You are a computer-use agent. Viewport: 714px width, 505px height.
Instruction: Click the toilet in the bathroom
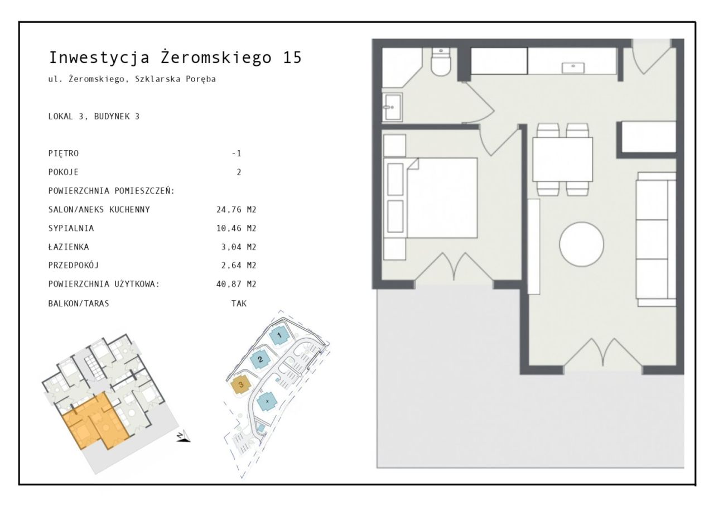point(441,62)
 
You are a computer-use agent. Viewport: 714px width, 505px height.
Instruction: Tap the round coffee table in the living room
point(581,244)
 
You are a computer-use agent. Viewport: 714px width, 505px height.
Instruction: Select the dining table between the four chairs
point(563,160)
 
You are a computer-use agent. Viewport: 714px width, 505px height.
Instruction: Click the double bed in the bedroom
point(430,198)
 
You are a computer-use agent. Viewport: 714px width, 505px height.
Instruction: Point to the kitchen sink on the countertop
point(573,68)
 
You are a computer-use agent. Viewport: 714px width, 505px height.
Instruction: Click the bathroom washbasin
point(392,107)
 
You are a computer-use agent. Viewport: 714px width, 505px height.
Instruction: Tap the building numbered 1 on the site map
point(279,335)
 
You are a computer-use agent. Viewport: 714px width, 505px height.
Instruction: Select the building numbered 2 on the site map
point(260,359)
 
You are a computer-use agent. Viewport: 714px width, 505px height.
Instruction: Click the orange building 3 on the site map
point(240,385)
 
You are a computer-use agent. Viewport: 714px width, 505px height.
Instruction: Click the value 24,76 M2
point(236,209)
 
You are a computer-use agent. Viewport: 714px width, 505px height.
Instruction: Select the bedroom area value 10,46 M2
point(236,228)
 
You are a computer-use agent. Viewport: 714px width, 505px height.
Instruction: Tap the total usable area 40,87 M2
point(236,283)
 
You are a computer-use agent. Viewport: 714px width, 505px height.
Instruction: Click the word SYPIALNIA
point(71,228)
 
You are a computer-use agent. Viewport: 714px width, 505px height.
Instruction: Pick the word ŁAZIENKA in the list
point(69,247)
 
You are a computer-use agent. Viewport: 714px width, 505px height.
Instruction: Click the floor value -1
point(237,153)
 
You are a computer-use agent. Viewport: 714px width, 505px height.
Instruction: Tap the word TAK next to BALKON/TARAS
point(239,303)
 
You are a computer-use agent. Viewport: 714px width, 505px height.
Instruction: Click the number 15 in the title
point(292,57)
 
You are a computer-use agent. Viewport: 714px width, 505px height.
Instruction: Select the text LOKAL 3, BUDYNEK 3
point(94,117)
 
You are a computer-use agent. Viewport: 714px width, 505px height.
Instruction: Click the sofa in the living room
point(656,239)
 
